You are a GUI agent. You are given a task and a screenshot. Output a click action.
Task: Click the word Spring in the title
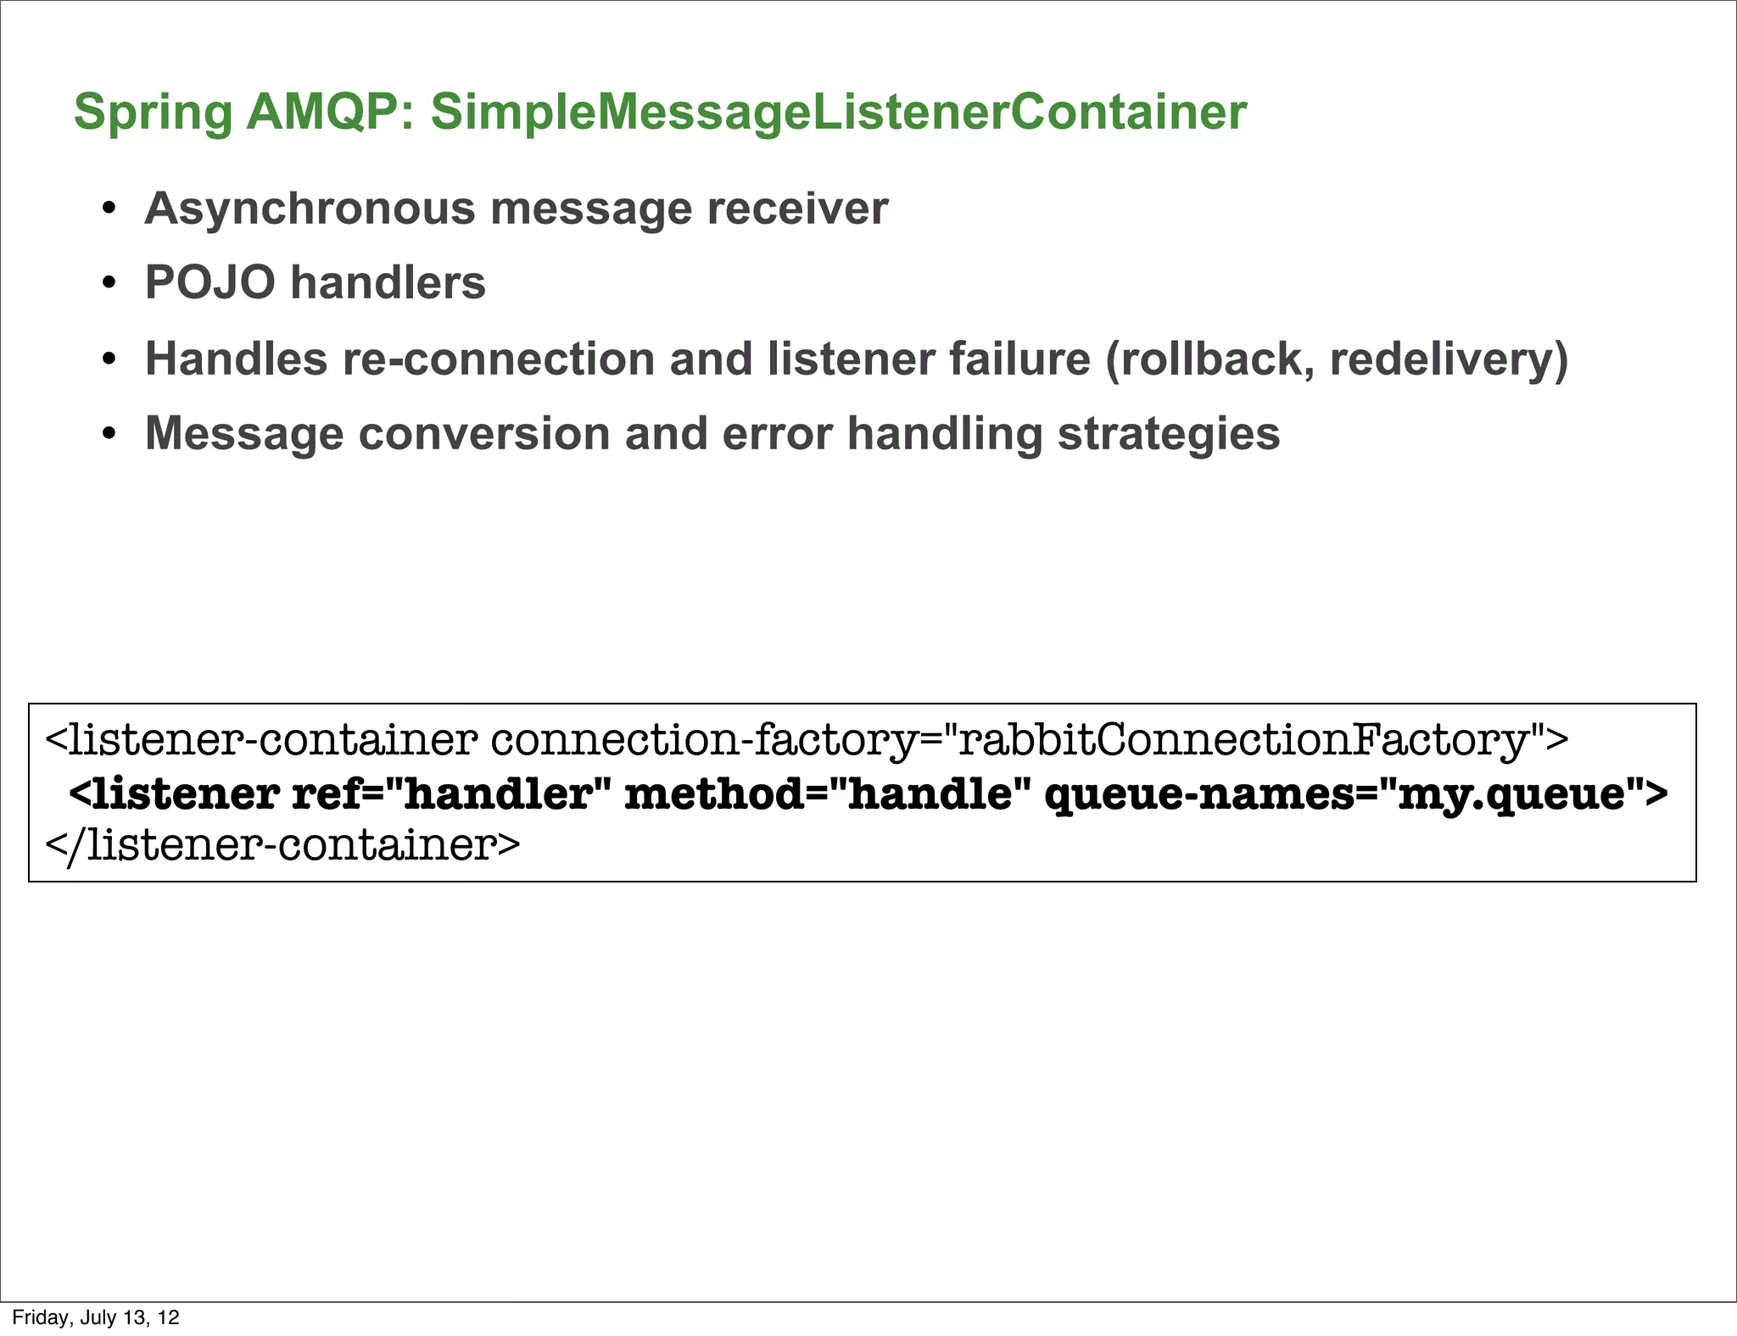[x=153, y=113]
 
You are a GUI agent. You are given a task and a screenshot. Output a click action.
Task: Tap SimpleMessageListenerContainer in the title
[x=838, y=113]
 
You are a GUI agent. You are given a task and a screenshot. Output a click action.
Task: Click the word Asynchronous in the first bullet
[x=310, y=209]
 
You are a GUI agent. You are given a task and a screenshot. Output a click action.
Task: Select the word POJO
[x=210, y=282]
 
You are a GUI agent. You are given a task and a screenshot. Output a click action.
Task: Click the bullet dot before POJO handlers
[x=109, y=284]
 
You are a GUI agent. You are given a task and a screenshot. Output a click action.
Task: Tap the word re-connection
[x=498, y=359]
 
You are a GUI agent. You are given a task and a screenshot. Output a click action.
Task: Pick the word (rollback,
[x=1209, y=359]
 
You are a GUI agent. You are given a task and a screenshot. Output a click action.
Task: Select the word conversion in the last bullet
[x=483, y=433]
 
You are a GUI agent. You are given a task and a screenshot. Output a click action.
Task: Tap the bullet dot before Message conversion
[x=109, y=435]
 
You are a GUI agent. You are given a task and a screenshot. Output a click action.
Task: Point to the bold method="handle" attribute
[x=828, y=793]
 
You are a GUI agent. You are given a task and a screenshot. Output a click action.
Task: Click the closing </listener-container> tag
[x=282, y=845]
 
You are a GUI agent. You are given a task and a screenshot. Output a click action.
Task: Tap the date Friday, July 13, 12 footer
[x=96, y=1317]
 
